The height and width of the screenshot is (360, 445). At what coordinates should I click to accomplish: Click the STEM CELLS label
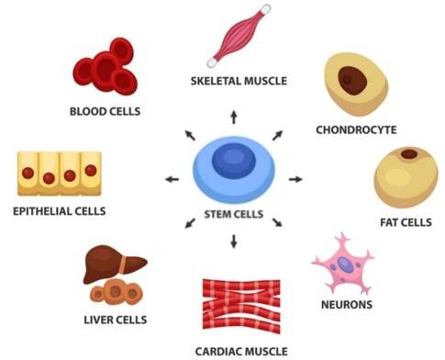click(x=233, y=215)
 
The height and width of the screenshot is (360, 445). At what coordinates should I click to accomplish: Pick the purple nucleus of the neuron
click(x=343, y=265)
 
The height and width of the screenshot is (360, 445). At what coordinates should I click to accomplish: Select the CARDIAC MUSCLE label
click(x=241, y=350)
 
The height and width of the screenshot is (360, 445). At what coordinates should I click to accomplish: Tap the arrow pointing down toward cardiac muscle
click(x=234, y=242)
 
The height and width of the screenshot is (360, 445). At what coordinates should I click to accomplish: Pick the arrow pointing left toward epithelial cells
click(x=171, y=178)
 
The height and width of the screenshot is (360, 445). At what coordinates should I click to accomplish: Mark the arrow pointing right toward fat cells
click(x=295, y=178)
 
